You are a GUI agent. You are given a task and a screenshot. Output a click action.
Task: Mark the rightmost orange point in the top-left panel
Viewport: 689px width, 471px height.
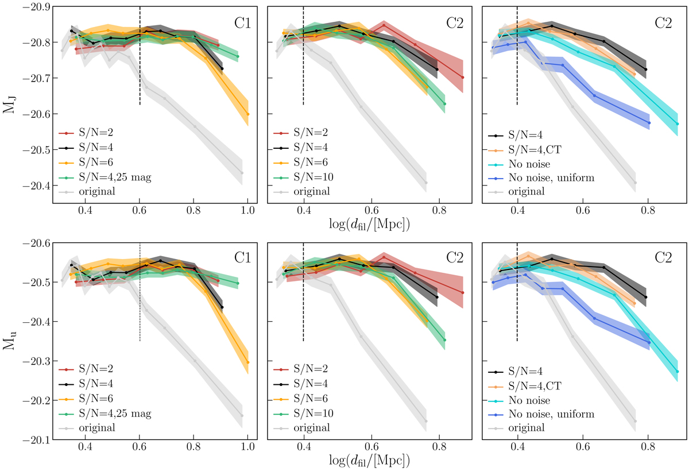coord(248,114)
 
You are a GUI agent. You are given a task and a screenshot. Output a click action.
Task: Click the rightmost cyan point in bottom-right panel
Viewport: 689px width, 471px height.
coord(678,372)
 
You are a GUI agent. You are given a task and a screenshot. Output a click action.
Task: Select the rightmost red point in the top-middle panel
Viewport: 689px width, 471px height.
coord(463,78)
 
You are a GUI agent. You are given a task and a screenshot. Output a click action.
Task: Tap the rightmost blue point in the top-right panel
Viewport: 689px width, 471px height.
coord(649,123)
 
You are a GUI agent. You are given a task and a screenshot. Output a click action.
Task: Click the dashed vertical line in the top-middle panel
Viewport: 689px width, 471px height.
coord(303,69)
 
